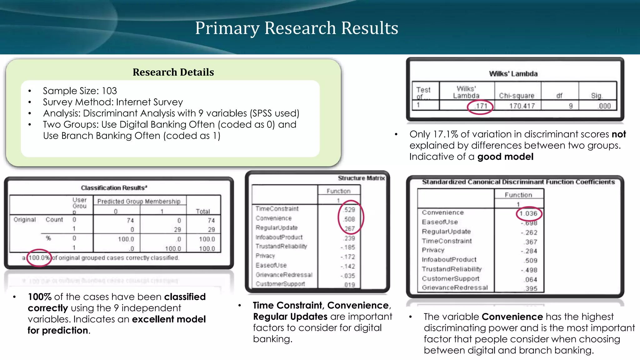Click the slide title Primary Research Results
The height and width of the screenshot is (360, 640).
click(297, 28)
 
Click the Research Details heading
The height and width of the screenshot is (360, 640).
click(173, 72)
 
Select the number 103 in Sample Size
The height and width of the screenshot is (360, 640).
click(109, 91)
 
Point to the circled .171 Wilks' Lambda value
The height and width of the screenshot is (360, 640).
click(481, 106)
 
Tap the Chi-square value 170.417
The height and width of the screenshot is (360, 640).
click(522, 106)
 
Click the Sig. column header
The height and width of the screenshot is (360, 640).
click(597, 96)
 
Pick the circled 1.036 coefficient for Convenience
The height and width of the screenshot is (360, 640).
click(528, 213)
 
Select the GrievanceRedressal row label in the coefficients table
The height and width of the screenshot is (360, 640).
click(455, 287)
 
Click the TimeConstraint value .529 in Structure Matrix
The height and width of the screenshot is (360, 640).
click(349, 210)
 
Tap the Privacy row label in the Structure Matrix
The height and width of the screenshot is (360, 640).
click(265, 256)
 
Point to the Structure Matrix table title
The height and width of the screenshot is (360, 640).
click(361, 178)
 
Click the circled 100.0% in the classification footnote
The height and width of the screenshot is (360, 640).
click(39, 258)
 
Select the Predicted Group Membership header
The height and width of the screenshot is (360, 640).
click(139, 201)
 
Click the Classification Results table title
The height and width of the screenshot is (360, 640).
click(114, 188)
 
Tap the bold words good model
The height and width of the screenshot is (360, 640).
click(505, 157)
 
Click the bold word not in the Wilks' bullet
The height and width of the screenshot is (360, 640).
click(619, 134)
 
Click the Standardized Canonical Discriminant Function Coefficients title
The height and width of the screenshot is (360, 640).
click(518, 182)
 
